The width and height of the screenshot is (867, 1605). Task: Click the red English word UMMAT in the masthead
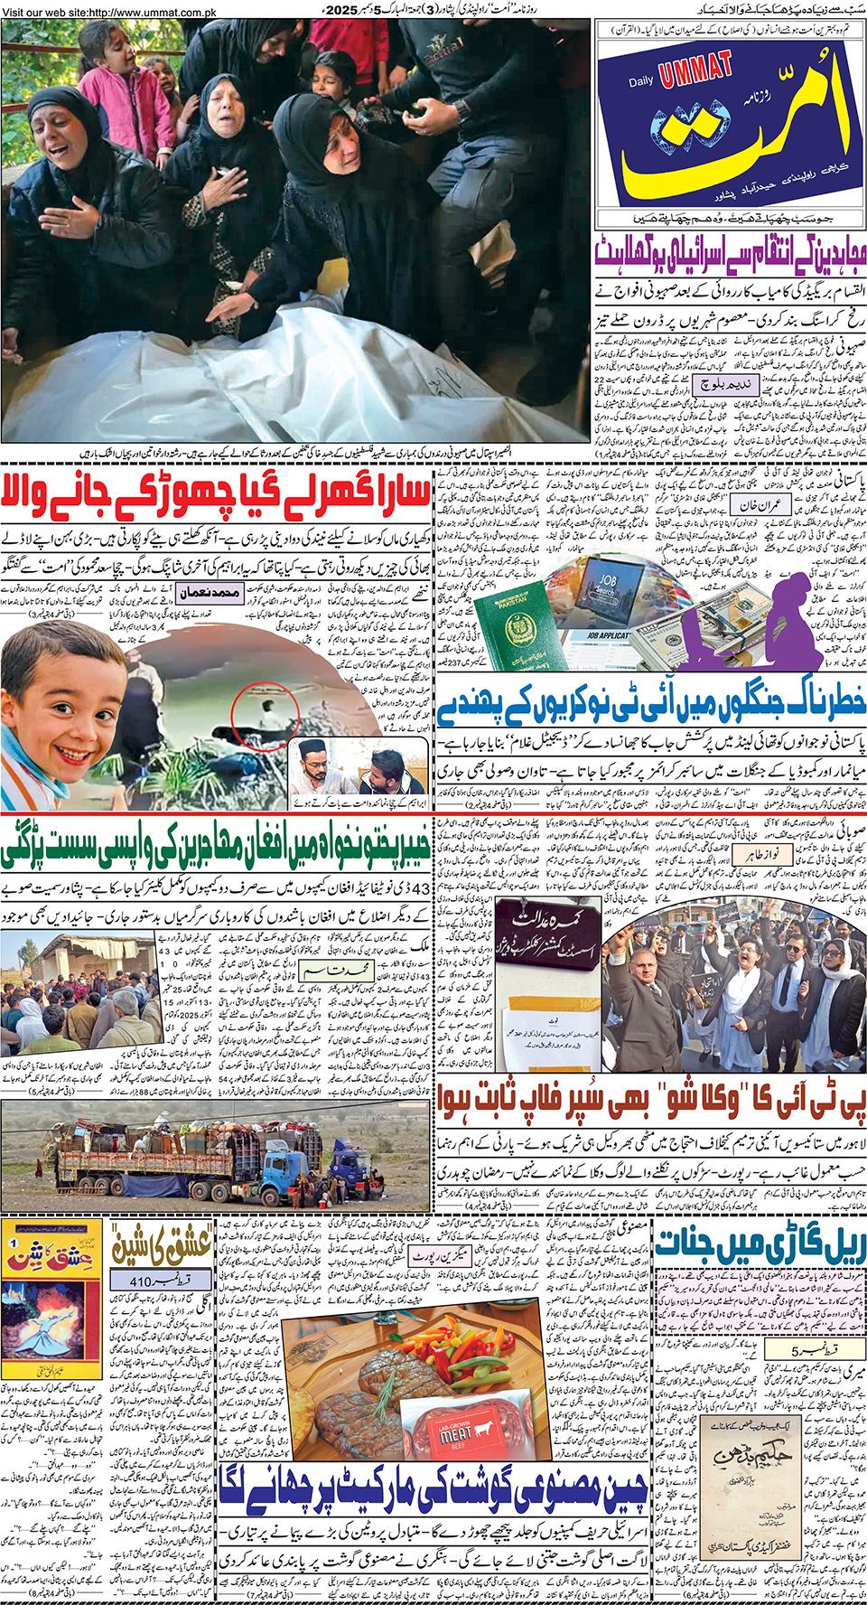tap(695, 70)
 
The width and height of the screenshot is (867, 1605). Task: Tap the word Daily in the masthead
tap(641, 81)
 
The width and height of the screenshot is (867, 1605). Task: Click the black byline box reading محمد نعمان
tap(210, 593)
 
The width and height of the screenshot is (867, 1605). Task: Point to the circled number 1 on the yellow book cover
tap(13, 1244)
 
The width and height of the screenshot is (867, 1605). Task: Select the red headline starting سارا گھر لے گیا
tap(217, 493)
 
